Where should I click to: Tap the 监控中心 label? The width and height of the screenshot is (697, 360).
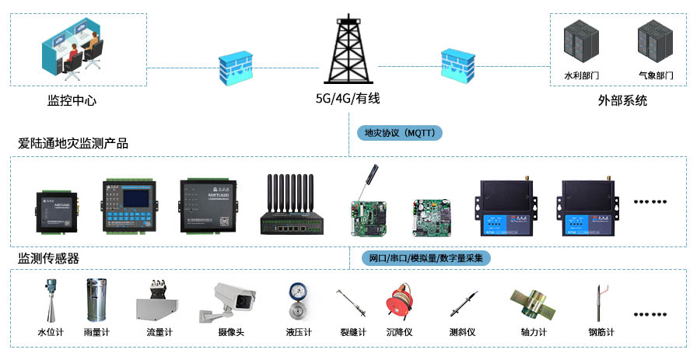pos(72,101)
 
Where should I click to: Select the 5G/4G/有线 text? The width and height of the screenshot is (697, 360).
pos(347,99)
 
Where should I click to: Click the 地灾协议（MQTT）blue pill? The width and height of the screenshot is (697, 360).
pos(399,133)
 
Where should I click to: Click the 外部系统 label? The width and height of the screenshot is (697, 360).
pos(622,101)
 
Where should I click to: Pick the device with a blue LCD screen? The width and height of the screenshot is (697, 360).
pos(129,205)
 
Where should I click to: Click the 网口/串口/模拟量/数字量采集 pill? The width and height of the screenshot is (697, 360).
pos(426,258)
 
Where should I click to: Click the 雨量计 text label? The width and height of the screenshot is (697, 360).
pos(96,332)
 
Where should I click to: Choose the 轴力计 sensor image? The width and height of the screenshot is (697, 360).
pos(533,302)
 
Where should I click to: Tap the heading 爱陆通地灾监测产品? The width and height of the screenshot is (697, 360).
pos(73,144)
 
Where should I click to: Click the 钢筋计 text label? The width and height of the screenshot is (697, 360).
pos(601,332)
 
